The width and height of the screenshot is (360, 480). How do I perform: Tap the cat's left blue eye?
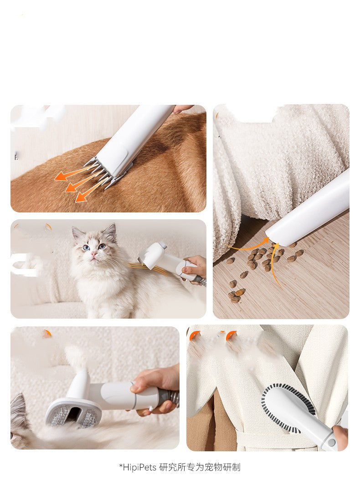click(86, 248)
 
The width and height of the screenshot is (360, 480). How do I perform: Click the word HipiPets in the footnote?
click(139, 467)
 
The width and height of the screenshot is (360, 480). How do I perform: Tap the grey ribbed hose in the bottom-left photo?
click(169, 397)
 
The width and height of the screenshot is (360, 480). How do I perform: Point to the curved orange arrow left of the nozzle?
click(248, 246)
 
